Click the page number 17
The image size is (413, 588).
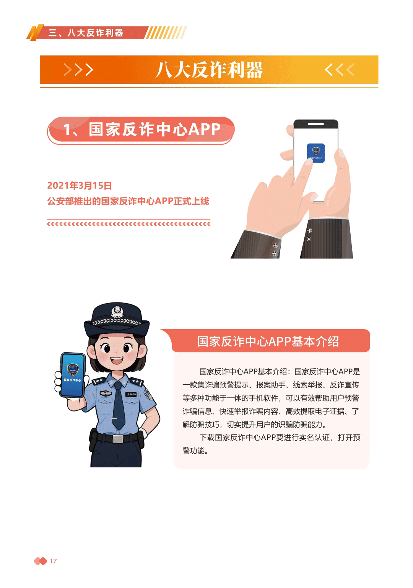(x=53, y=561)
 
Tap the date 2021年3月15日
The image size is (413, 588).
(x=80, y=186)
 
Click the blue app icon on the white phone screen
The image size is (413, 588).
(x=316, y=153)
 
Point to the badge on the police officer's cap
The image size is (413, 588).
(x=117, y=312)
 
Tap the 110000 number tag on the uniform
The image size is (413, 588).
(x=131, y=394)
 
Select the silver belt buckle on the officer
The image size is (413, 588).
(x=118, y=439)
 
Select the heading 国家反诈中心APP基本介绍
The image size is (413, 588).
(x=268, y=341)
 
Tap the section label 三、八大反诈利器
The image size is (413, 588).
(x=86, y=33)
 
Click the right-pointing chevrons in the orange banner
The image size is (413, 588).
(x=79, y=70)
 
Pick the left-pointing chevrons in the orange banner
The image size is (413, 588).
(x=339, y=70)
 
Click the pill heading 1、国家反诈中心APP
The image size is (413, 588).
(x=141, y=129)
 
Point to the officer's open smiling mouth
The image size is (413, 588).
(x=116, y=360)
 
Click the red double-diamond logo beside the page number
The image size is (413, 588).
(x=41, y=561)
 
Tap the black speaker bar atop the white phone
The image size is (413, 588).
(x=316, y=124)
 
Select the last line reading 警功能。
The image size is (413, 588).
(x=195, y=451)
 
